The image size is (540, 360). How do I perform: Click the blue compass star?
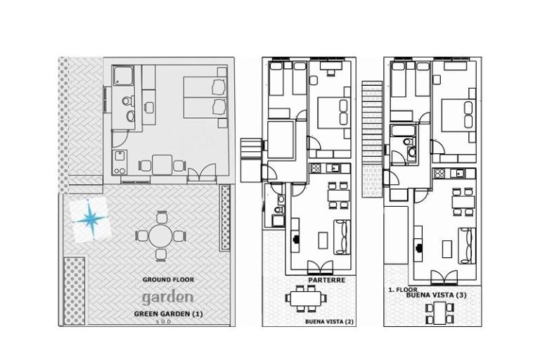pos(91,219)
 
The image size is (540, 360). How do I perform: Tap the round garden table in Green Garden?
pos(160,236)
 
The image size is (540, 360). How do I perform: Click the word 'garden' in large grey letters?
pos(168,298)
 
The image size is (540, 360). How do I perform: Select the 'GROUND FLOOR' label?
pos(168,280)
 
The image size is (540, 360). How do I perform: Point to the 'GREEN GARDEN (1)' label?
pos(169,314)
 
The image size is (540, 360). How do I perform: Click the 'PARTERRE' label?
pos(326,280)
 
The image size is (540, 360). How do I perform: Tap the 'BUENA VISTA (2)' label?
pos(329,322)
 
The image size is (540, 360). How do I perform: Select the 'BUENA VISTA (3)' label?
pos(437,295)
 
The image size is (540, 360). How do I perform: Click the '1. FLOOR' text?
pos(403,290)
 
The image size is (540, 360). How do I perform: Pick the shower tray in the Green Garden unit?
pos(123,75)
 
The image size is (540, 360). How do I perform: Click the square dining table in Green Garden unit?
pos(162,165)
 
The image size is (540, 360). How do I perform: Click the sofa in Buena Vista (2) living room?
pos(342,238)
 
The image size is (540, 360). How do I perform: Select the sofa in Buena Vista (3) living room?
pos(467,245)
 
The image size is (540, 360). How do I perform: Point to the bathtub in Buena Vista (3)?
pos(402,131)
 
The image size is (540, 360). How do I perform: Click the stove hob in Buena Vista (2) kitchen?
pos(315,168)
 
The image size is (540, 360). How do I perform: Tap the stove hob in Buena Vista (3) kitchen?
pos(439,173)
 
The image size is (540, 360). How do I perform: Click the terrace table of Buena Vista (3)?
pos(439,313)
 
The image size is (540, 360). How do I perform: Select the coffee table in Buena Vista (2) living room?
pos(323,240)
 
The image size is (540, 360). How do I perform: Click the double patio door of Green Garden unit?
pos(202,174)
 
